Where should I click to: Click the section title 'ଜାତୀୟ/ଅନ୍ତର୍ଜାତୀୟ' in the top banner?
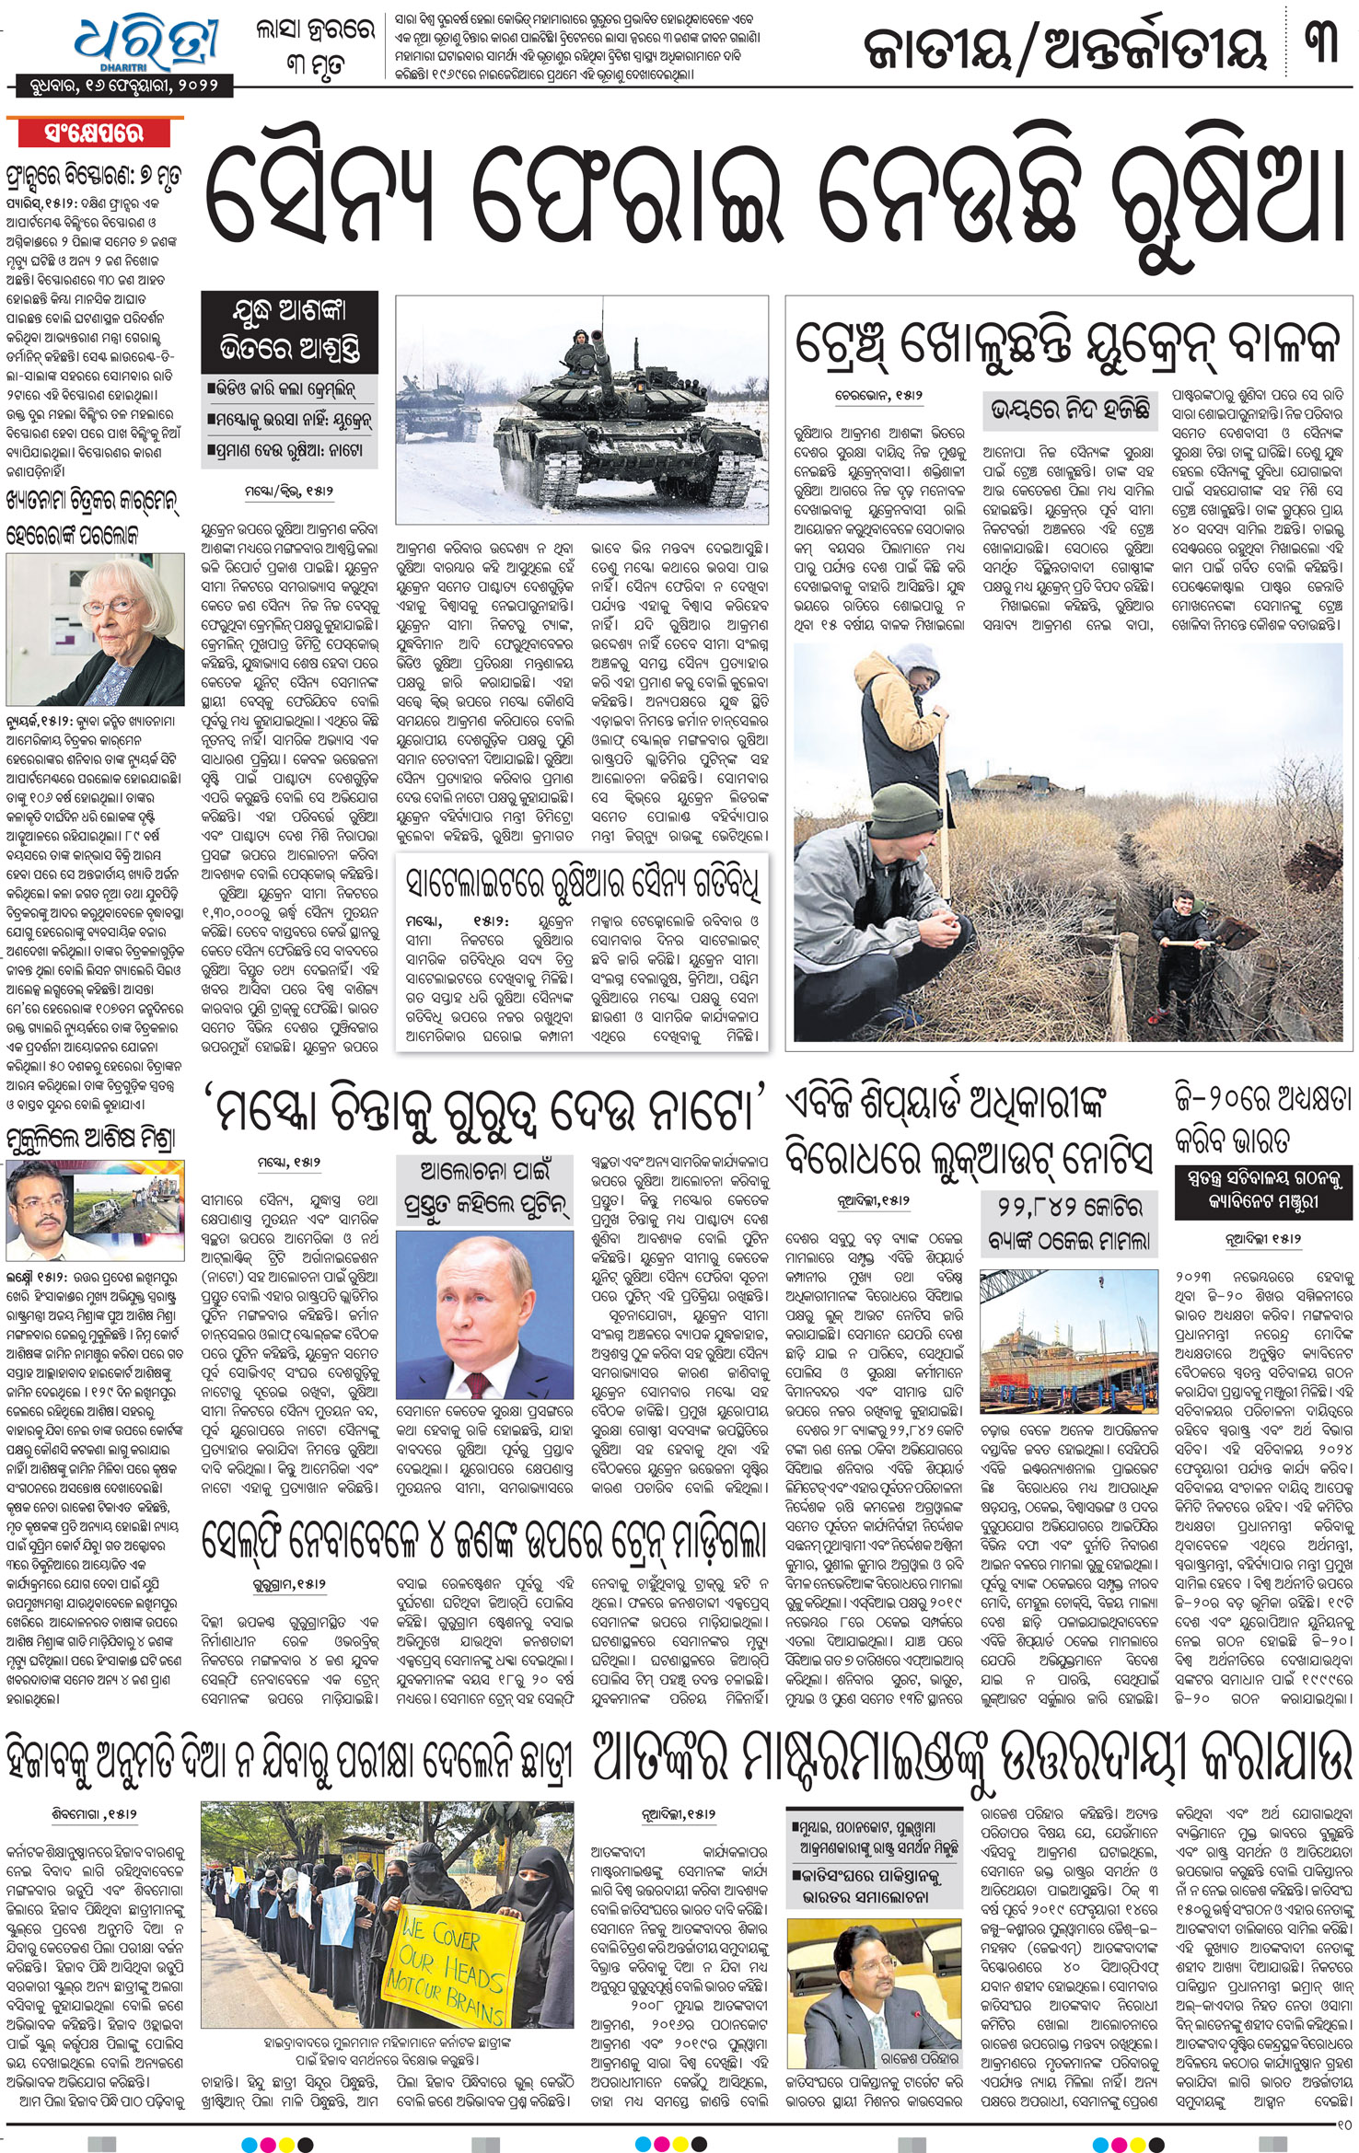(1063, 46)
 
